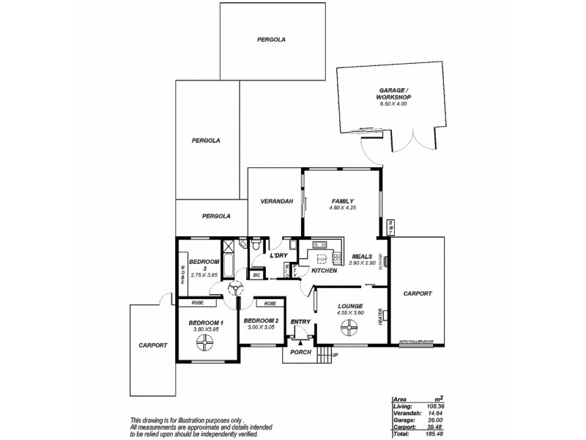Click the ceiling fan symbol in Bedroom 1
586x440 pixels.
point(201,346)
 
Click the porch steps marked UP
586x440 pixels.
point(326,356)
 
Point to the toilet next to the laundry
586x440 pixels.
point(255,246)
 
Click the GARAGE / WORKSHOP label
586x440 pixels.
point(392,92)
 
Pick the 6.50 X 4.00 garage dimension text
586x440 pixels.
point(392,104)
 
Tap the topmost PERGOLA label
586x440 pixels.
point(271,39)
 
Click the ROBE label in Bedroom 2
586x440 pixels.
point(270,303)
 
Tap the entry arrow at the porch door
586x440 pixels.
point(300,342)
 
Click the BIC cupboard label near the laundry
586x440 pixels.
point(256,276)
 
